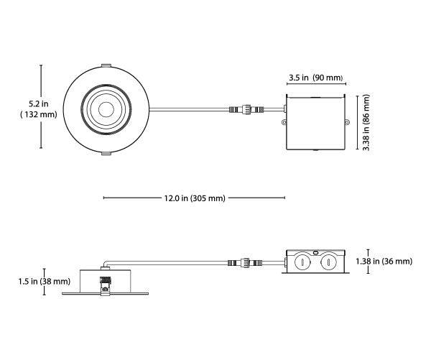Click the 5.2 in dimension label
[x=39, y=103]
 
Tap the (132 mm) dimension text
[x=39, y=114]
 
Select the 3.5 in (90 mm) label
[x=316, y=78]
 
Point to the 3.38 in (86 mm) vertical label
[x=366, y=122]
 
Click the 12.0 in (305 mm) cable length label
[x=195, y=198]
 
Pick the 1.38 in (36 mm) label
[x=384, y=261]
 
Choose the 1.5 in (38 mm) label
[x=45, y=282]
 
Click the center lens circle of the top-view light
[x=106, y=109]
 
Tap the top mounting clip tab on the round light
[x=106, y=65]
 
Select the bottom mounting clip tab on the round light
[x=106, y=153]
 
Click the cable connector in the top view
[x=246, y=109]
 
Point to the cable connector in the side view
[x=245, y=263]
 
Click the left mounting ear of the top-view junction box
[x=284, y=122]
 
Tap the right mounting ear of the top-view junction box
[x=347, y=122]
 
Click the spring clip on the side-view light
[x=106, y=286]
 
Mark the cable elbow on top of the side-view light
[x=106, y=264]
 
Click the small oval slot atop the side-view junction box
[x=315, y=251]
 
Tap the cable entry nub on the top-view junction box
[x=285, y=109]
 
